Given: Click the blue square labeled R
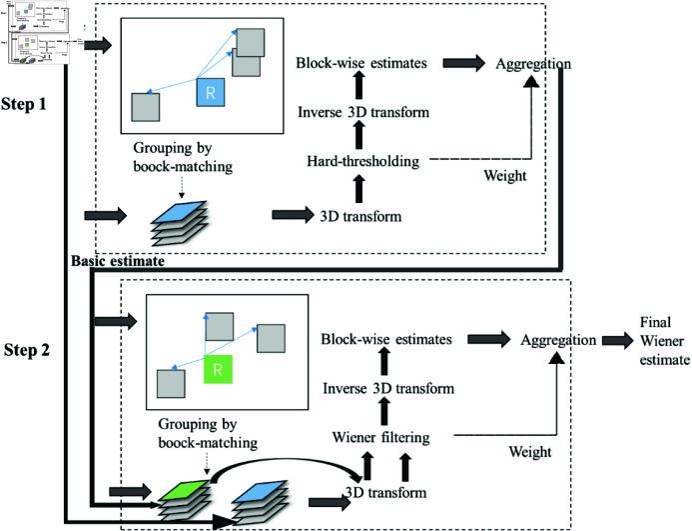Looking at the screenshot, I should [211, 93].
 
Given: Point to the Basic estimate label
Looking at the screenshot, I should [118, 261].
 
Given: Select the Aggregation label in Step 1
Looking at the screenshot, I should [532, 64].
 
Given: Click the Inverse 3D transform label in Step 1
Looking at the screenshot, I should [363, 111].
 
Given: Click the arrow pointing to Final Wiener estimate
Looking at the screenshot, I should [617, 340].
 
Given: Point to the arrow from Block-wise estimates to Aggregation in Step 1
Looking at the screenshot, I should [462, 64].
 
